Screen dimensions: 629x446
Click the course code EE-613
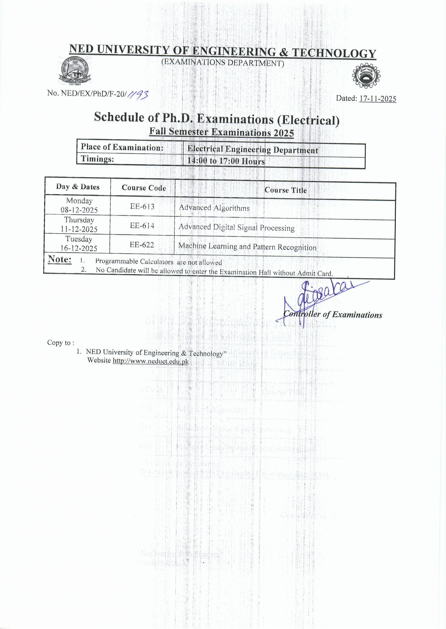coord(142,207)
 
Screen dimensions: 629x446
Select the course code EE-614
coord(142,226)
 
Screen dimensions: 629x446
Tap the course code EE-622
coord(142,245)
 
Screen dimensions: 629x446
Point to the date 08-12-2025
coord(79,210)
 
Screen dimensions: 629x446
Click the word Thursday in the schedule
coord(79,220)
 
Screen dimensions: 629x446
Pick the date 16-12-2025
coord(79,248)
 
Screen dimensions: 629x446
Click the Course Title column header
coord(285,190)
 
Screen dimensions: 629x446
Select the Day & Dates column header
coord(78,187)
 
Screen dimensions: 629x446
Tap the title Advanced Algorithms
coord(214,208)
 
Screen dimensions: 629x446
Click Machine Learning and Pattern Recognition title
coord(247,247)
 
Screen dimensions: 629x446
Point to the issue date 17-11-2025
coord(378,99)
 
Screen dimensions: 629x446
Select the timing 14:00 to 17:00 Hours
coord(226,161)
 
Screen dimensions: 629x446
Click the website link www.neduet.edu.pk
coord(151,361)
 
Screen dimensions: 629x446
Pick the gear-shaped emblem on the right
coord(366,76)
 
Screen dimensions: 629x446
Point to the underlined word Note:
coord(60,260)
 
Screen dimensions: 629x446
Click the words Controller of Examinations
coord(333,315)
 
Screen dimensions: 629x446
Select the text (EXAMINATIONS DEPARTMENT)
coord(222,62)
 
